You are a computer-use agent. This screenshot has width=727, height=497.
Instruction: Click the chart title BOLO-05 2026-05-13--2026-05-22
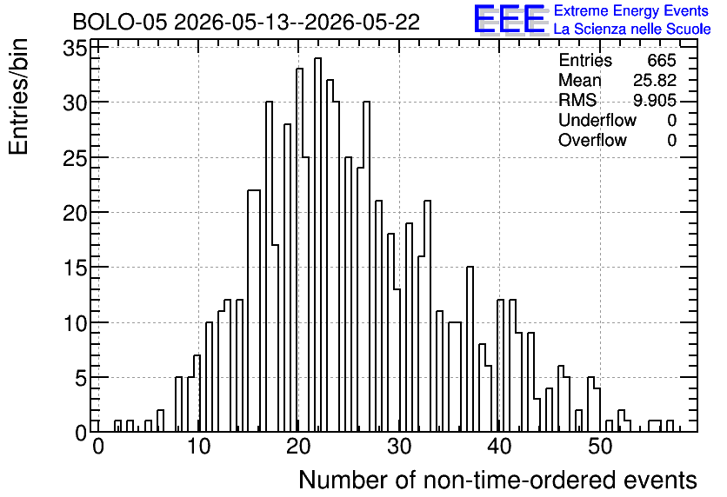(246, 22)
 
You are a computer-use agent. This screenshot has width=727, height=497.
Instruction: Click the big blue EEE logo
(510, 20)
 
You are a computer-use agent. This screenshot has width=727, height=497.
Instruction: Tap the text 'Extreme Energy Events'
(631, 10)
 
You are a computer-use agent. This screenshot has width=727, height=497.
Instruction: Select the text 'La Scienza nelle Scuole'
(632, 30)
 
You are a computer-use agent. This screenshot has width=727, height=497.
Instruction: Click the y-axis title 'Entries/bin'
(18, 96)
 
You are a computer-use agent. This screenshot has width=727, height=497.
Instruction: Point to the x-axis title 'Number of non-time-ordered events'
(497, 480)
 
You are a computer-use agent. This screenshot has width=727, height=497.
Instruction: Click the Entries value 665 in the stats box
(662, 60)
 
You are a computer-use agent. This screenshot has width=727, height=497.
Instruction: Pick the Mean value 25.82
(655, 80)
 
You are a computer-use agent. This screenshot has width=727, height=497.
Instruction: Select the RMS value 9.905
(655, 100)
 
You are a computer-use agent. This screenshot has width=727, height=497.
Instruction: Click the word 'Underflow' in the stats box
(597, 120)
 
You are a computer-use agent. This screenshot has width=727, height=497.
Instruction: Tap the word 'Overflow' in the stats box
(592, 140)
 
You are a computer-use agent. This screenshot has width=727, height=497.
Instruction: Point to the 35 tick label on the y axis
(75, 48)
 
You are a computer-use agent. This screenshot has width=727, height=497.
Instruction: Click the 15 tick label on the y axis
(75, 268)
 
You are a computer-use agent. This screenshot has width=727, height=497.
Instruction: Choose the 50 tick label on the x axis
(600, 447)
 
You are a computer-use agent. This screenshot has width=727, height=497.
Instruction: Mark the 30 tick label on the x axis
(400, 447)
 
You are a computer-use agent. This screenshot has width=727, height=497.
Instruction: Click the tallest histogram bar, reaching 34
(317, 245)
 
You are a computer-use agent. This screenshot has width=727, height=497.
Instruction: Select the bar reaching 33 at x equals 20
(299, 250)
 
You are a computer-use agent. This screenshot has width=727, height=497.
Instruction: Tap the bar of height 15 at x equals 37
(470, 349)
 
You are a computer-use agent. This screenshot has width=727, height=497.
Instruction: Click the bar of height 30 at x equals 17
(269, 267)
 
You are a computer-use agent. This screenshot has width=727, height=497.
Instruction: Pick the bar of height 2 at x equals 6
(160, 421)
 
